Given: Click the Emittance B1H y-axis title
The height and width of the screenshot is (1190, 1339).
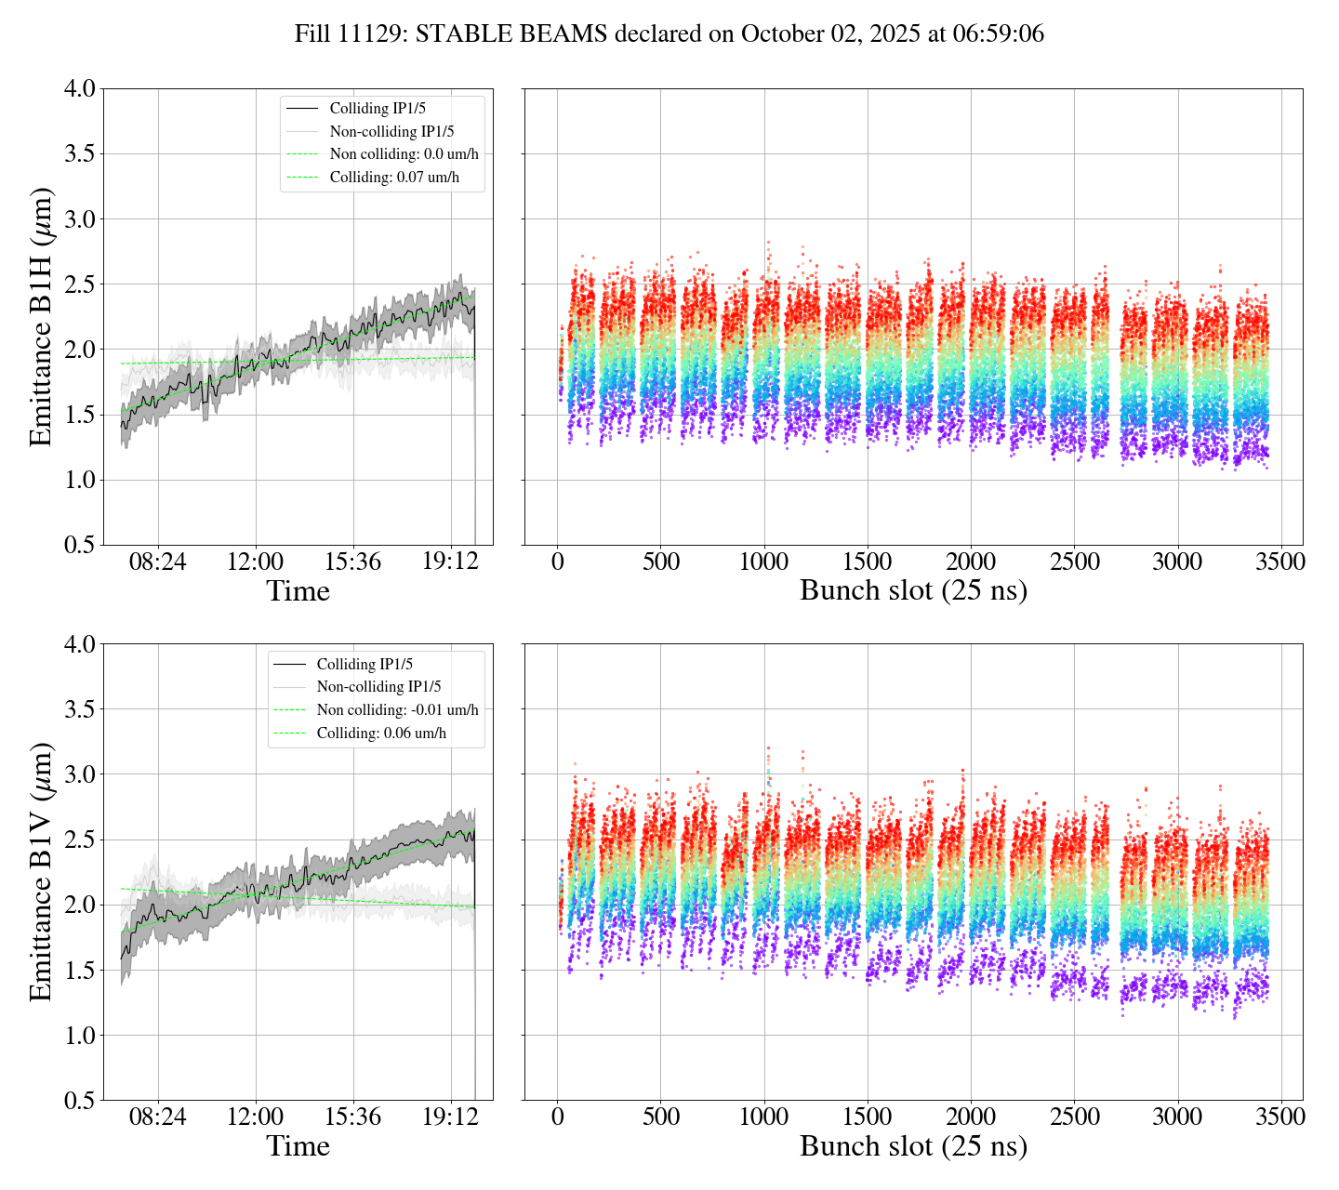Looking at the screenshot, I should (x=41, y=317).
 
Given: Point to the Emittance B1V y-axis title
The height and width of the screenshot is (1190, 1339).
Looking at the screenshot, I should (x=41, y=872).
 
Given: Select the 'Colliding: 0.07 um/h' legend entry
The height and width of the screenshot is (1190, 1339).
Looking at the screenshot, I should (x=394, y=177).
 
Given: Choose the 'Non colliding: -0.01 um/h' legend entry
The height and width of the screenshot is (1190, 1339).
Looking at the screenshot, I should (x=397, y=709).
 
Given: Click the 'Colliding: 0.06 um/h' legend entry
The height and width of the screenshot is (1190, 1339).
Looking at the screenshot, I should (x=381, y=733).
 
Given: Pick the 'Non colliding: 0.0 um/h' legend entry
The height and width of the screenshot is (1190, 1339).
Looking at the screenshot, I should (x=404, y=153).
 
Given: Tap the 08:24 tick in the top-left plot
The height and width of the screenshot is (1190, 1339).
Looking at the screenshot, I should (x=157, y=562).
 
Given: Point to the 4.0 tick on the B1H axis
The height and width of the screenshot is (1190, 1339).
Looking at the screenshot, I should (x=79, y=89).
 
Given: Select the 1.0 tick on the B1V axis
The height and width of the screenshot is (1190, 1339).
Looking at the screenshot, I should (x=79, y=1036).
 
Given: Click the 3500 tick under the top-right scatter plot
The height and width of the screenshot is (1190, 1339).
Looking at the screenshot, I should (x=1280, y=562).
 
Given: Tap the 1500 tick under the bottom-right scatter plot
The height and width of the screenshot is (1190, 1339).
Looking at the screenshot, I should (x=868, y=1117).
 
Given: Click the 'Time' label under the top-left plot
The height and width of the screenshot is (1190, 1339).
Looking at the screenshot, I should (x=298, y=591).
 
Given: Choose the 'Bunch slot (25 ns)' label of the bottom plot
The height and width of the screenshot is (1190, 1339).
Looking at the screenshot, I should (x=913, y=1146).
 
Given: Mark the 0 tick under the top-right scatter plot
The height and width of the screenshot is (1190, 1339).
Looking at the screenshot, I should (x=557, y=562).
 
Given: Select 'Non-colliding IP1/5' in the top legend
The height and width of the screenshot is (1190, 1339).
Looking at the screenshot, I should (x=391, y=131).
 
